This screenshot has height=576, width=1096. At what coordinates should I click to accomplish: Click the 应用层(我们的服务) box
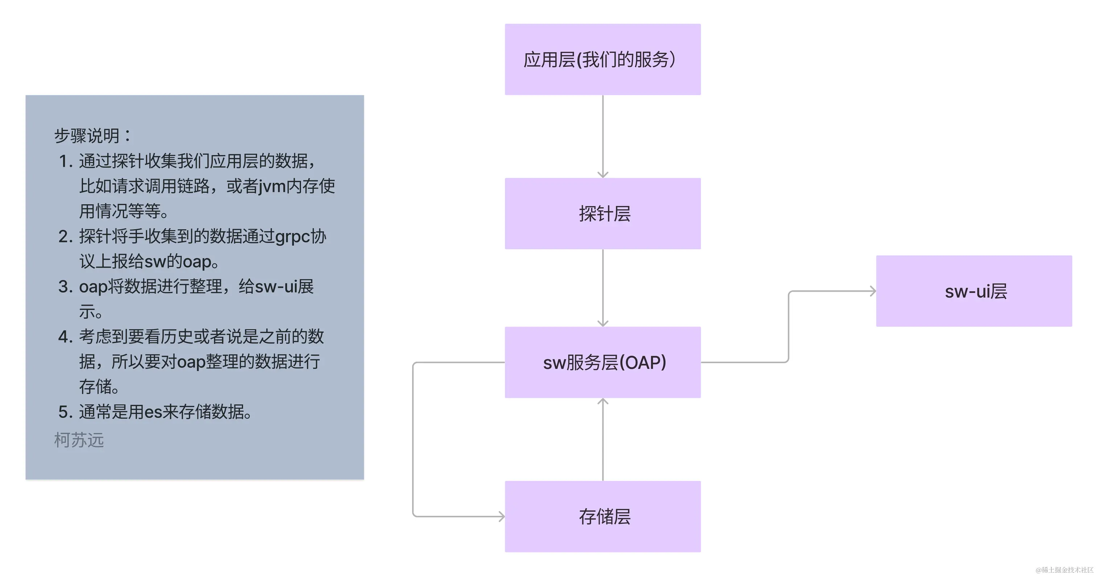(602, 59)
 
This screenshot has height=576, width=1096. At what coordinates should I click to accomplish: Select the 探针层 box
(602, 213)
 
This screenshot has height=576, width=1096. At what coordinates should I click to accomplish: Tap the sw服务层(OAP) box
(602, 362)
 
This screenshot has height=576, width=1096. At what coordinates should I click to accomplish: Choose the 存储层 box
(602, 517)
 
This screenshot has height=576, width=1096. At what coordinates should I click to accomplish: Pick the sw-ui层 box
(974, 291)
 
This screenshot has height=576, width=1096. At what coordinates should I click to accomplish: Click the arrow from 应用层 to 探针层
(603, 136)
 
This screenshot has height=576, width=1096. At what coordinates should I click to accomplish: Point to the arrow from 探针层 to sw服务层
(603, 288)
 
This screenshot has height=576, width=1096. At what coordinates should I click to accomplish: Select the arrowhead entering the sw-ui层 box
(873, 291)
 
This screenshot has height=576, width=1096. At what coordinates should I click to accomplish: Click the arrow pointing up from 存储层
(603, 439)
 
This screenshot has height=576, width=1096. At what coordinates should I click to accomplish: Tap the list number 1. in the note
(66, 161)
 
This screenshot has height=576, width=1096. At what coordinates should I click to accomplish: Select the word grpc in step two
(293, 237)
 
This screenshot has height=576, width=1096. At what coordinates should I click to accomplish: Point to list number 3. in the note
(66, 287)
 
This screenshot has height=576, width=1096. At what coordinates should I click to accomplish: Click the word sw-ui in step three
(275, 287)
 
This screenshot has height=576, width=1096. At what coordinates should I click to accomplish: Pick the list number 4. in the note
(66, 337)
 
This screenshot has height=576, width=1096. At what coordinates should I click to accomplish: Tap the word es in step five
(153, 412)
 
